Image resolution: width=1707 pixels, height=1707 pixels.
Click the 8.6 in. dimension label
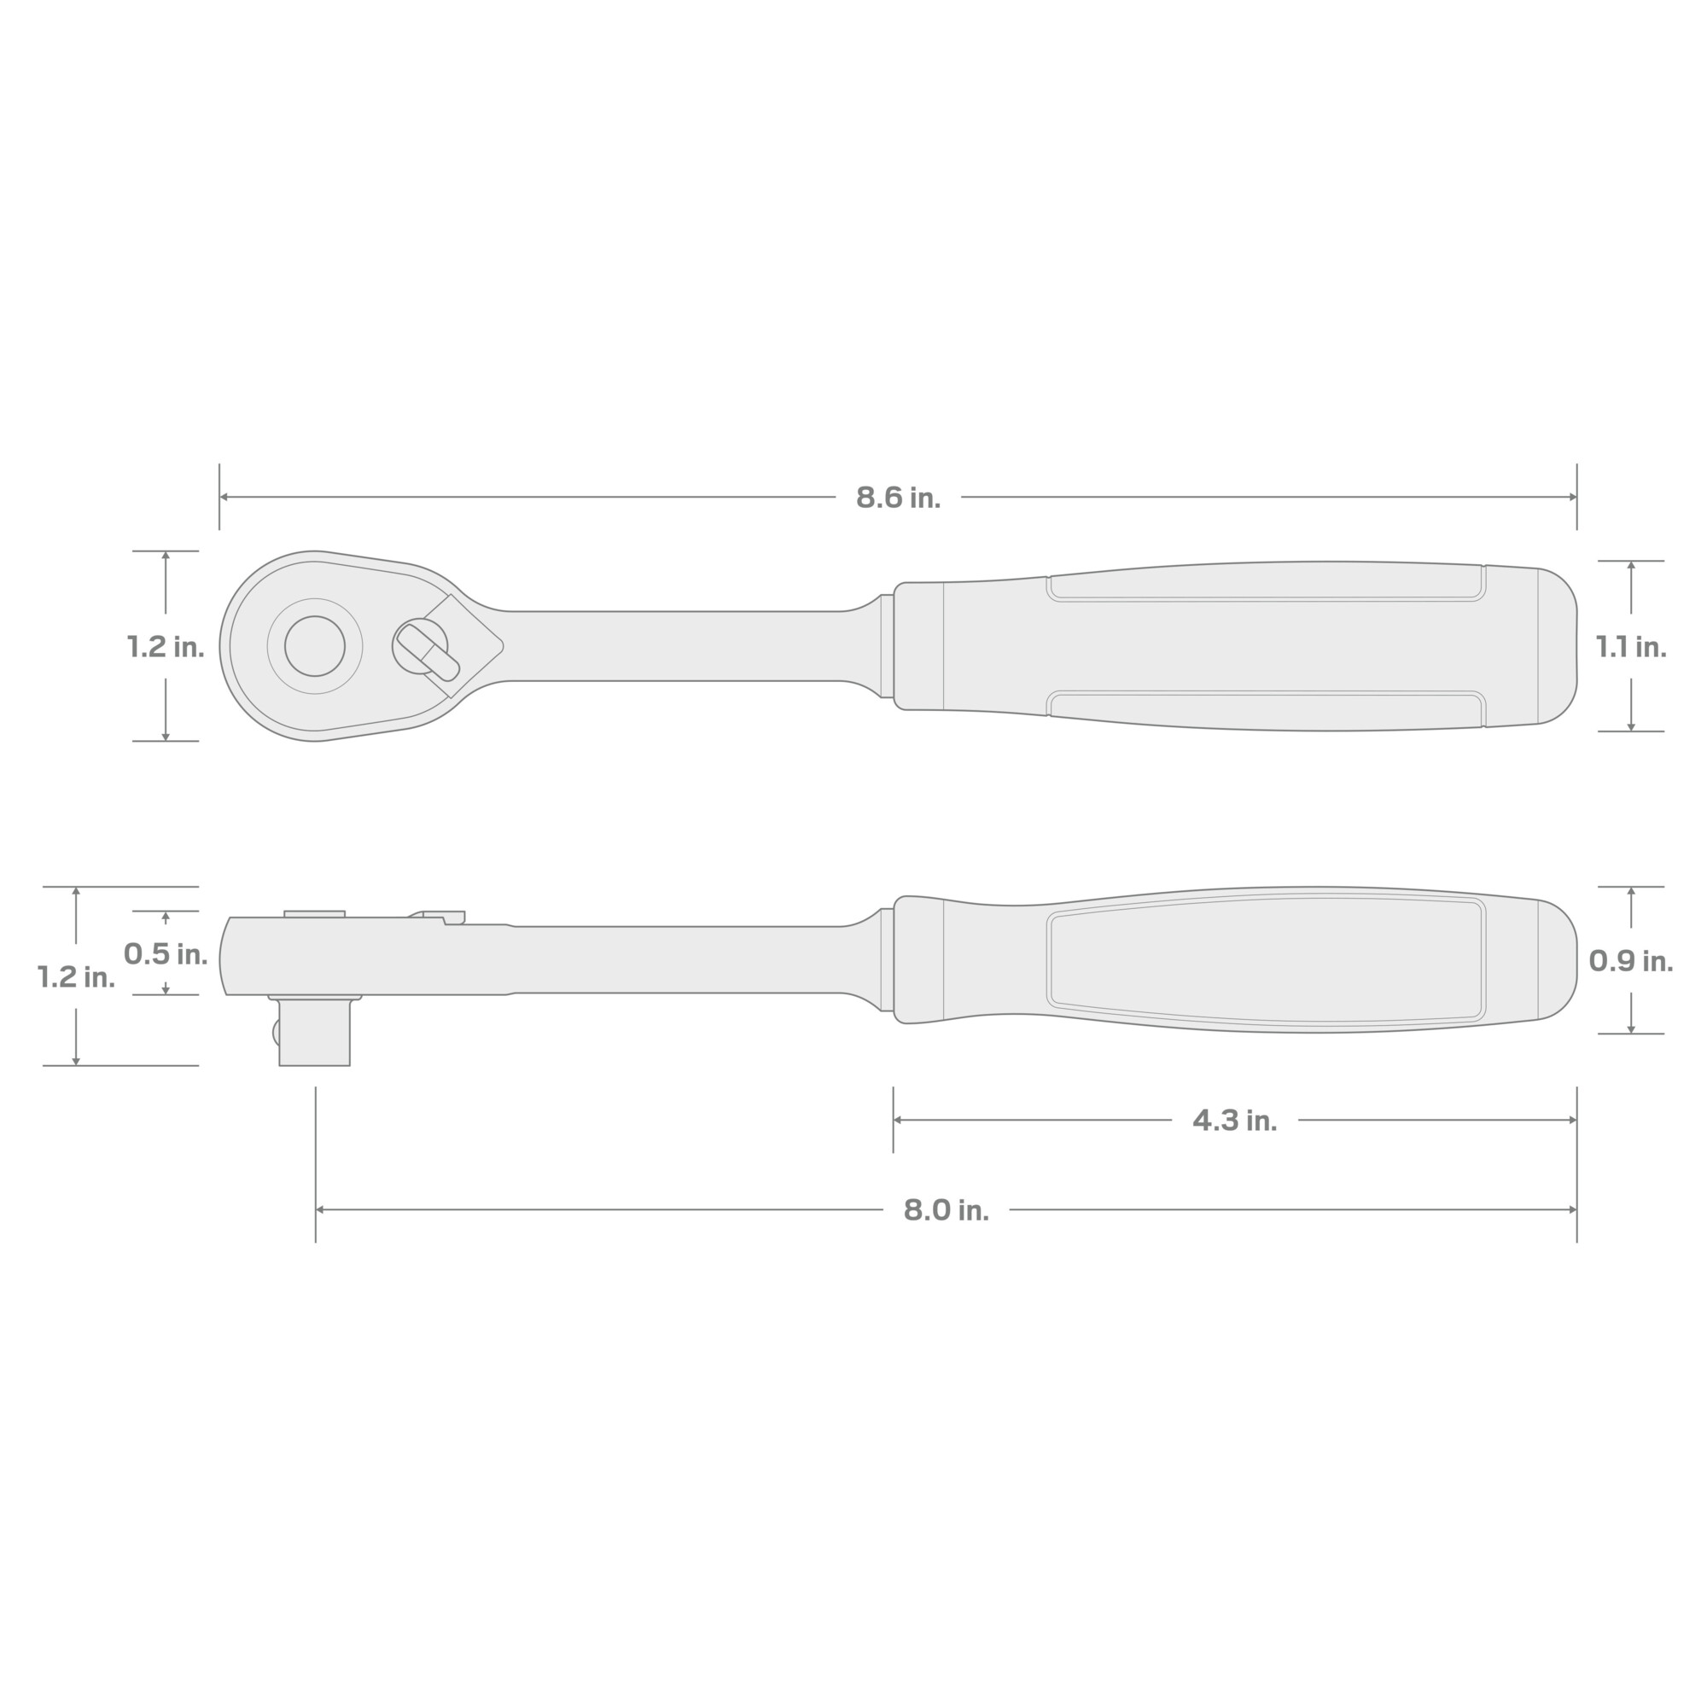898,498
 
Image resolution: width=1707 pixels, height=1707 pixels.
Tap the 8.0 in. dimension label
946,1210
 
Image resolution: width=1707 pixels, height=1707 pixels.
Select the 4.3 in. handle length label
1234,1121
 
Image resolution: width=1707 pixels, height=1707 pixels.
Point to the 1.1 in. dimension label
1631,648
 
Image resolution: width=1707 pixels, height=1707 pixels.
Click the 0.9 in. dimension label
1631,961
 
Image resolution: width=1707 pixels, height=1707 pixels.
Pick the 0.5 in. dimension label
166,953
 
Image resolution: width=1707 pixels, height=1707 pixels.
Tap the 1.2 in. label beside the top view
166,647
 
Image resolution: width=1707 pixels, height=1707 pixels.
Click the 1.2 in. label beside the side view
76,977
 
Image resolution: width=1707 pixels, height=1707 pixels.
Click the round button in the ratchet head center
315,646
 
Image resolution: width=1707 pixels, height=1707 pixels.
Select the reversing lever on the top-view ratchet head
428,651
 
